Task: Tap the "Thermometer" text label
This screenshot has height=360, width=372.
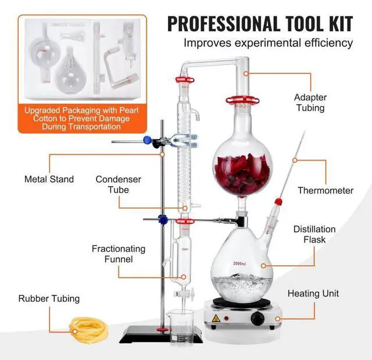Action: point(325,190)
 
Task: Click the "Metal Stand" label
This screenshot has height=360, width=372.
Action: point(49,179)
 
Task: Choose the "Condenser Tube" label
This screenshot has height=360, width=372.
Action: point(119,184)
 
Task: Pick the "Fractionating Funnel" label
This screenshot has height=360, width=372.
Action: point(119,254)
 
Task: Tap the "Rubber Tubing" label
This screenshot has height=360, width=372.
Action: point(49,299)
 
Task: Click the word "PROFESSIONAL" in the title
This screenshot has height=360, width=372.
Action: point(219,24)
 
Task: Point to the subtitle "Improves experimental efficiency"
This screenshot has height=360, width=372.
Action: point(269,42)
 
